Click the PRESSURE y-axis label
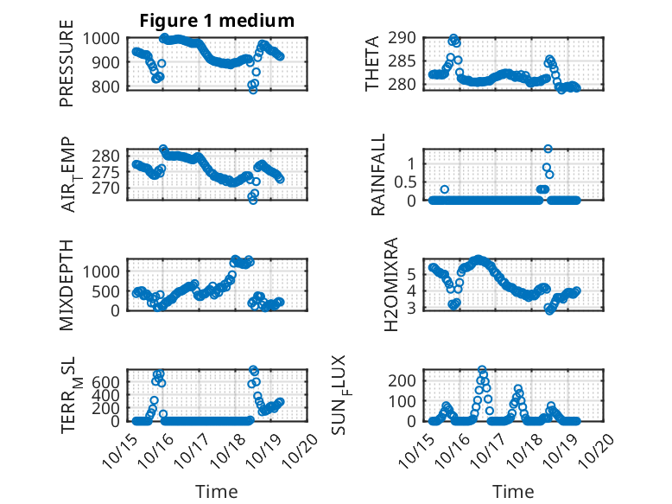point(67,69)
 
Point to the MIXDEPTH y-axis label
point(67,284)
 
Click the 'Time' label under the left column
point(217,491)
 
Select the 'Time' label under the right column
point(514,491)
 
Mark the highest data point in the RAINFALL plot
point(548,149)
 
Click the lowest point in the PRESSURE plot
point(253,89)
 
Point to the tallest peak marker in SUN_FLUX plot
point(482,370)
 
